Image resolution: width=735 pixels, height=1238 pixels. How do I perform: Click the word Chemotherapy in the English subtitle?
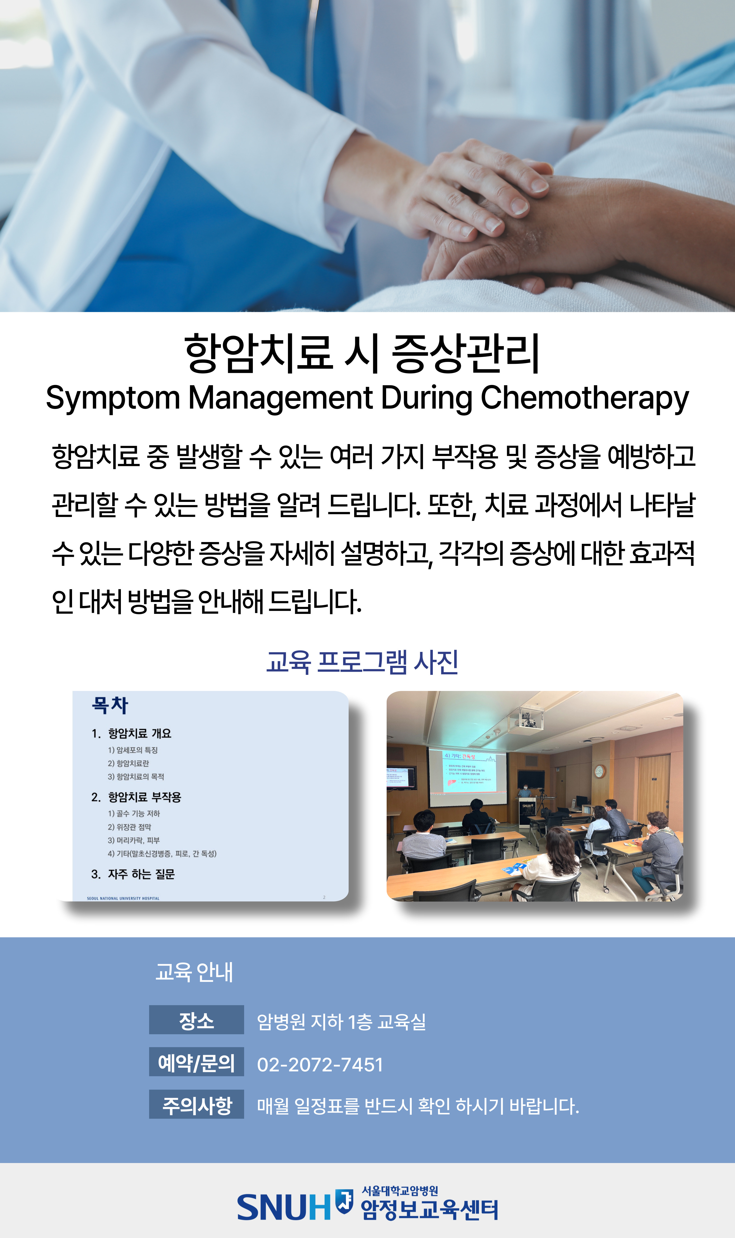point(584,398)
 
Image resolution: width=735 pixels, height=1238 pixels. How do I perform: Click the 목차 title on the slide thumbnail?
point(110,705)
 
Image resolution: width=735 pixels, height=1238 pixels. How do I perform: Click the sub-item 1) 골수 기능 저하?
point(134,813)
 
